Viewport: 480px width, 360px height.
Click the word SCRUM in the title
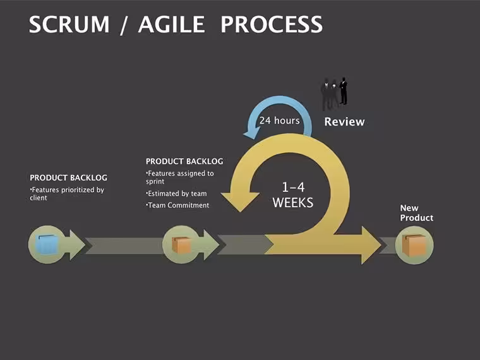coord(69,25)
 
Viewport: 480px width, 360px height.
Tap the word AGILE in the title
coord(171,25)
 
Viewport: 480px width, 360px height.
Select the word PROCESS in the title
coord(272,25)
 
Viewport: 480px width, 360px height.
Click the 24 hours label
coord(280,120)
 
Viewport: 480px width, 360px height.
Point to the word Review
coord(344,121)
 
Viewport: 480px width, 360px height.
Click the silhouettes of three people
coord(334,93)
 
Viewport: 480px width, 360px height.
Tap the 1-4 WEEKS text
coord(293,195)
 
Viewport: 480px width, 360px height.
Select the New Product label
coord(417,213)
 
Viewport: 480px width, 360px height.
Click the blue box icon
coord(47,244)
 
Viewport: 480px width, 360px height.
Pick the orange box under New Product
coord(414,246)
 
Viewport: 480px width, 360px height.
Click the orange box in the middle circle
coord(181,245)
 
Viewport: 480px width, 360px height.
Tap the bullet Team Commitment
coord(177,205)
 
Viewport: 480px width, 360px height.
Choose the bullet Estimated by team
coord(176,193)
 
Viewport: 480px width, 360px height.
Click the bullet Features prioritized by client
coord(67,194)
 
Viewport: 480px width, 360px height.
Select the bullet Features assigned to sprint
coord(180,177)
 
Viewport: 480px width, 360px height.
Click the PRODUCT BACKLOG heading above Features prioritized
coord(69,177)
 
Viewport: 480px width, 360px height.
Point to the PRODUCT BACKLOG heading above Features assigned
coord(184,161)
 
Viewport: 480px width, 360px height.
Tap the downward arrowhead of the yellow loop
coord(240,202)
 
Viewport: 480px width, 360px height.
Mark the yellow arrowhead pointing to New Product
coord(371,245)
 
